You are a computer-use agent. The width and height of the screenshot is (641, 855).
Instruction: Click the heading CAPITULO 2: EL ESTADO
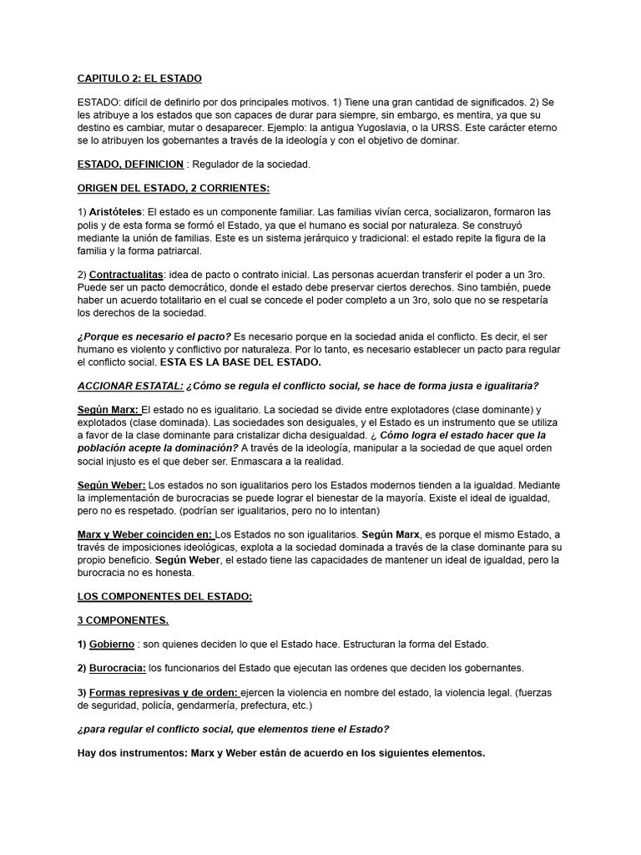139,78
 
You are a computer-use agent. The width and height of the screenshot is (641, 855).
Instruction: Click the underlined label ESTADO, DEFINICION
130,164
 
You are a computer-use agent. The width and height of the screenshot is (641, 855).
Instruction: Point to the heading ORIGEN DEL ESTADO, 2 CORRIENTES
174,189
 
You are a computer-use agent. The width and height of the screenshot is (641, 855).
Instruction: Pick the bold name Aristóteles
115,212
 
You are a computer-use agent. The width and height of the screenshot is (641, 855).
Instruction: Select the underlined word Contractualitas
126,275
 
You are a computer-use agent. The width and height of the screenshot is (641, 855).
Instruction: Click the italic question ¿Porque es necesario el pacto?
154,336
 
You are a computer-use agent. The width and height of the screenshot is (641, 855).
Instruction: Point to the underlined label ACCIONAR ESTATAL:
130,386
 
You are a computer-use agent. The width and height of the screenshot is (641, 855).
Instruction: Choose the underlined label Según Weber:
111,485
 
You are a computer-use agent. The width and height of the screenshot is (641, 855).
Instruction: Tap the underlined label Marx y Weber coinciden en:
145,534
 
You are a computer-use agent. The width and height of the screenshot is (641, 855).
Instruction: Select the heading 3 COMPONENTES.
123,620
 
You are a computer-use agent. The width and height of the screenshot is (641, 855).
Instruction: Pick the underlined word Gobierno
112,644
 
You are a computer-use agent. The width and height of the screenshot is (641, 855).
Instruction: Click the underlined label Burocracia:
118,668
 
